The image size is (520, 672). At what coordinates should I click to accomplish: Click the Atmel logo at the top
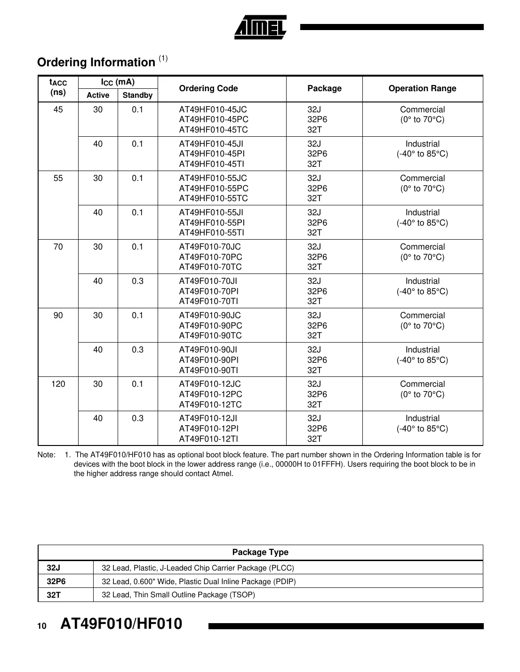point(260,28)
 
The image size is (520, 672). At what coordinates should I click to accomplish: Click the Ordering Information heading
point(96,62)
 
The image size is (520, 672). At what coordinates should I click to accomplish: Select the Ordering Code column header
point(208,88)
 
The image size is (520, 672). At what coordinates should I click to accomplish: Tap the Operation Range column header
point(422,88)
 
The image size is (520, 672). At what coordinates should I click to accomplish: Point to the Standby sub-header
point(137,95)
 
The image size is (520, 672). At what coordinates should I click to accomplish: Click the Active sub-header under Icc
point(98,95)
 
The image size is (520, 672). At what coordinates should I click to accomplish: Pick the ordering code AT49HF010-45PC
point(214,119)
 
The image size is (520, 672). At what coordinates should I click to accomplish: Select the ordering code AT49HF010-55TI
point(212,233)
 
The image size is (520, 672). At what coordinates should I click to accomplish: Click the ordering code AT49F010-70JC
point(210,247)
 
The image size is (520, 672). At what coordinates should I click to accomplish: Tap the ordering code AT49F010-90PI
point(208,360)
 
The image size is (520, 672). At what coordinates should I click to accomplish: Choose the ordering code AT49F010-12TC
point(210,405)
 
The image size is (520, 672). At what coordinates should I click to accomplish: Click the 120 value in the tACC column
point(58,384)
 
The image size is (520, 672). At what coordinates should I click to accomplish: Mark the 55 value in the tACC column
point(58,178)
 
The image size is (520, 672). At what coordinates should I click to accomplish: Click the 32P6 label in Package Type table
point(56,581)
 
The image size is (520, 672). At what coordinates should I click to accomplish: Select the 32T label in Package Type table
point(54,595)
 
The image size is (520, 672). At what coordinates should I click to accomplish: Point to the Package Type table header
point(260,552)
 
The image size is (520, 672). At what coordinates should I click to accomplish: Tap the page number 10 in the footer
point(42,626)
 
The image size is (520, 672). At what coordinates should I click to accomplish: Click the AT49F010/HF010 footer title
point(121,624)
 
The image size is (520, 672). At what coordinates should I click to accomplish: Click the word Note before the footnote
point(46,455)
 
